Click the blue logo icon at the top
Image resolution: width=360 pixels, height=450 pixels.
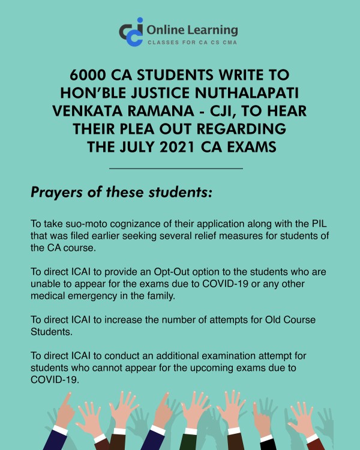(x=131, y=31)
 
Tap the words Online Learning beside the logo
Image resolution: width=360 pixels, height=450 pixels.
(x=192, y=29)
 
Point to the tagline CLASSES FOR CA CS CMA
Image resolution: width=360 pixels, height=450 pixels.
(x=193, y=43)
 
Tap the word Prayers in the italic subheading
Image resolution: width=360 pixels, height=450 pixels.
(x=57, y=194)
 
